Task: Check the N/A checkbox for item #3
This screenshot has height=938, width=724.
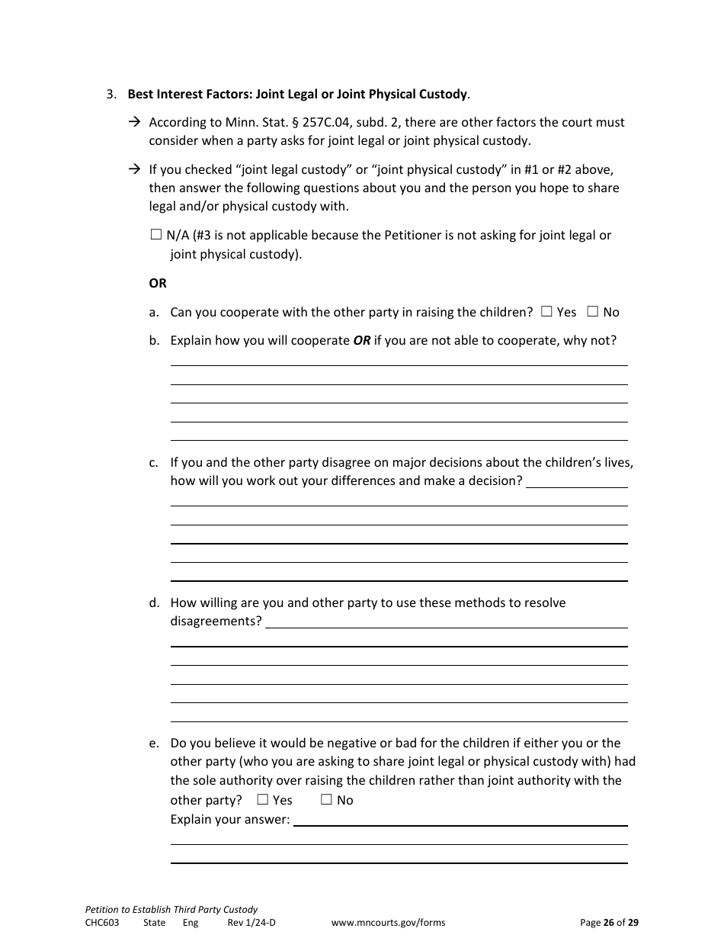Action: click(x=156, y=236)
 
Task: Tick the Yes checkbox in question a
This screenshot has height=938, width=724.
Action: click(x=546, y=312)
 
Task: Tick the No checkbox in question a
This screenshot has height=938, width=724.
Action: click(x=592, y=312)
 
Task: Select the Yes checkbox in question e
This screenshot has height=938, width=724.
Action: click(x=262, y=800)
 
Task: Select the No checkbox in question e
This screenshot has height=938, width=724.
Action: click(x=326, y=800)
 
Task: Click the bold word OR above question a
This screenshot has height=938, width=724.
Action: click(x=158, y=283)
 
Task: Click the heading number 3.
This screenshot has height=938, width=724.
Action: click(x=111, y=95)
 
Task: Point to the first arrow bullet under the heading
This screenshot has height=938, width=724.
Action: click(x=134, y=122)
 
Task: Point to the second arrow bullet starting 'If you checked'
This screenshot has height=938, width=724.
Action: click(x=134, y=169)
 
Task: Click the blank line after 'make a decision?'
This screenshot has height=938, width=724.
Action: click(x=577, y=486)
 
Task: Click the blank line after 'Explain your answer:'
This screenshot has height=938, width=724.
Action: click(x=460, y=824)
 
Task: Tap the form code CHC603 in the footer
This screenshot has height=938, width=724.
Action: click(x=102, y=923)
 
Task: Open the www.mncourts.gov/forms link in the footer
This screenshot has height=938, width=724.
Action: click(x=388, y=923)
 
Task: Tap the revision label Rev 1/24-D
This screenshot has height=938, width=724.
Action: click(x=251, y=923)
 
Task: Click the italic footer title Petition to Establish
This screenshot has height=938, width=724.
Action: click(x=171, y=910)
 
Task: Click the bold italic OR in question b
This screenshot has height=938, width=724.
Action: click(x=361, y=341)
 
